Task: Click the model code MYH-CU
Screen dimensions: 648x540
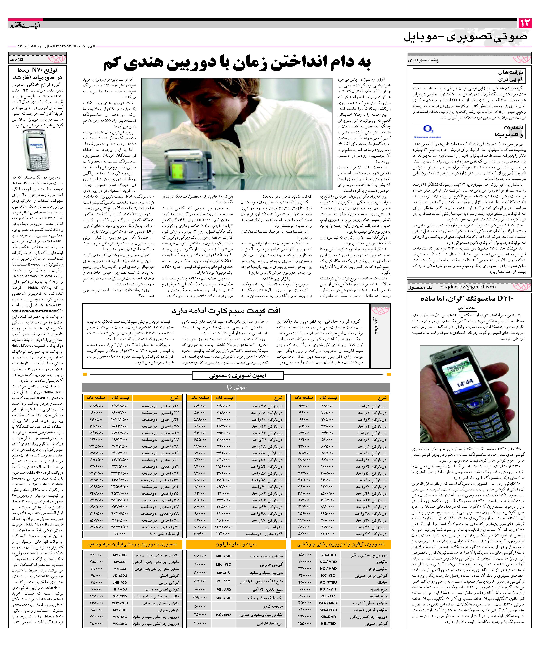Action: pyautogui.click(x=120, y=569)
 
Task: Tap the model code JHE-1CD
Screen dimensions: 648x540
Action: pyautogui.click(x=120, y=583)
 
